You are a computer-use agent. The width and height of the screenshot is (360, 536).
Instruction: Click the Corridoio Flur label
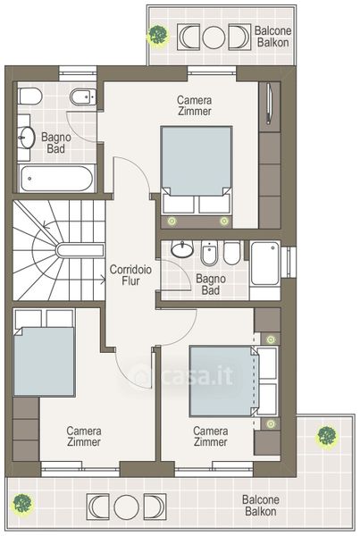click(x=130, y=275)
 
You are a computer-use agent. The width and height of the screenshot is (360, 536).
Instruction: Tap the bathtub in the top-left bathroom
click(x=56, y=178)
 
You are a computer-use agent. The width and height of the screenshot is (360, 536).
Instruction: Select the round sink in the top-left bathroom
click(x=26, y=138)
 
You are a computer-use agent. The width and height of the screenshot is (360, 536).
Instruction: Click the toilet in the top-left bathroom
click(x=30, y=96)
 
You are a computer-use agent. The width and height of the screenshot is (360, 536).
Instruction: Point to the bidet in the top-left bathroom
click(x=83, y=97)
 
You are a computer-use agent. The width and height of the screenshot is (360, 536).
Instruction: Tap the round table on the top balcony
click(x=213, y=37)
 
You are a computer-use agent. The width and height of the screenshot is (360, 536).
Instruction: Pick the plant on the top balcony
click(x=158, y=34)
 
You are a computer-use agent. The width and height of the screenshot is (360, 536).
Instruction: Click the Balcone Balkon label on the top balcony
click(x=272, y=37)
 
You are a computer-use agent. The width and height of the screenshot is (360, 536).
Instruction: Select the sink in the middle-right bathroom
click(x=182, y=248)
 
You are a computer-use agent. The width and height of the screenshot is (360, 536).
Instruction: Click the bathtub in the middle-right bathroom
click(x=265, y=264)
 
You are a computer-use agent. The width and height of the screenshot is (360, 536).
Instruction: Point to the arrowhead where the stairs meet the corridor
click(x=104, y=280)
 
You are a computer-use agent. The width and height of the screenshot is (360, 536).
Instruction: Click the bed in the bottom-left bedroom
click(x=44, y=353)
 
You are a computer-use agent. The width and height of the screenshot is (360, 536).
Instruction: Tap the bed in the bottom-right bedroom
click(x=233, y=381)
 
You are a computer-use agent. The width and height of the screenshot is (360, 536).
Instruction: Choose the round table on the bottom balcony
click(x=126, y=507)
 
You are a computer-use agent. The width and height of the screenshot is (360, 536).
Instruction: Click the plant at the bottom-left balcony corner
click(x=22, y=504)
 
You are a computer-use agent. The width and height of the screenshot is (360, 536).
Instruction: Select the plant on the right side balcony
click(x=327, y=436)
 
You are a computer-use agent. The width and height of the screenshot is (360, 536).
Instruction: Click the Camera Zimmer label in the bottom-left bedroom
click(x=84, y=436)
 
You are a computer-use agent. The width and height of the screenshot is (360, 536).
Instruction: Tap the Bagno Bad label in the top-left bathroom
click(x=56, y=143)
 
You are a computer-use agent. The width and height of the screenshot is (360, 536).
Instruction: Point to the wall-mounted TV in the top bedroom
click(x=269, y=104)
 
